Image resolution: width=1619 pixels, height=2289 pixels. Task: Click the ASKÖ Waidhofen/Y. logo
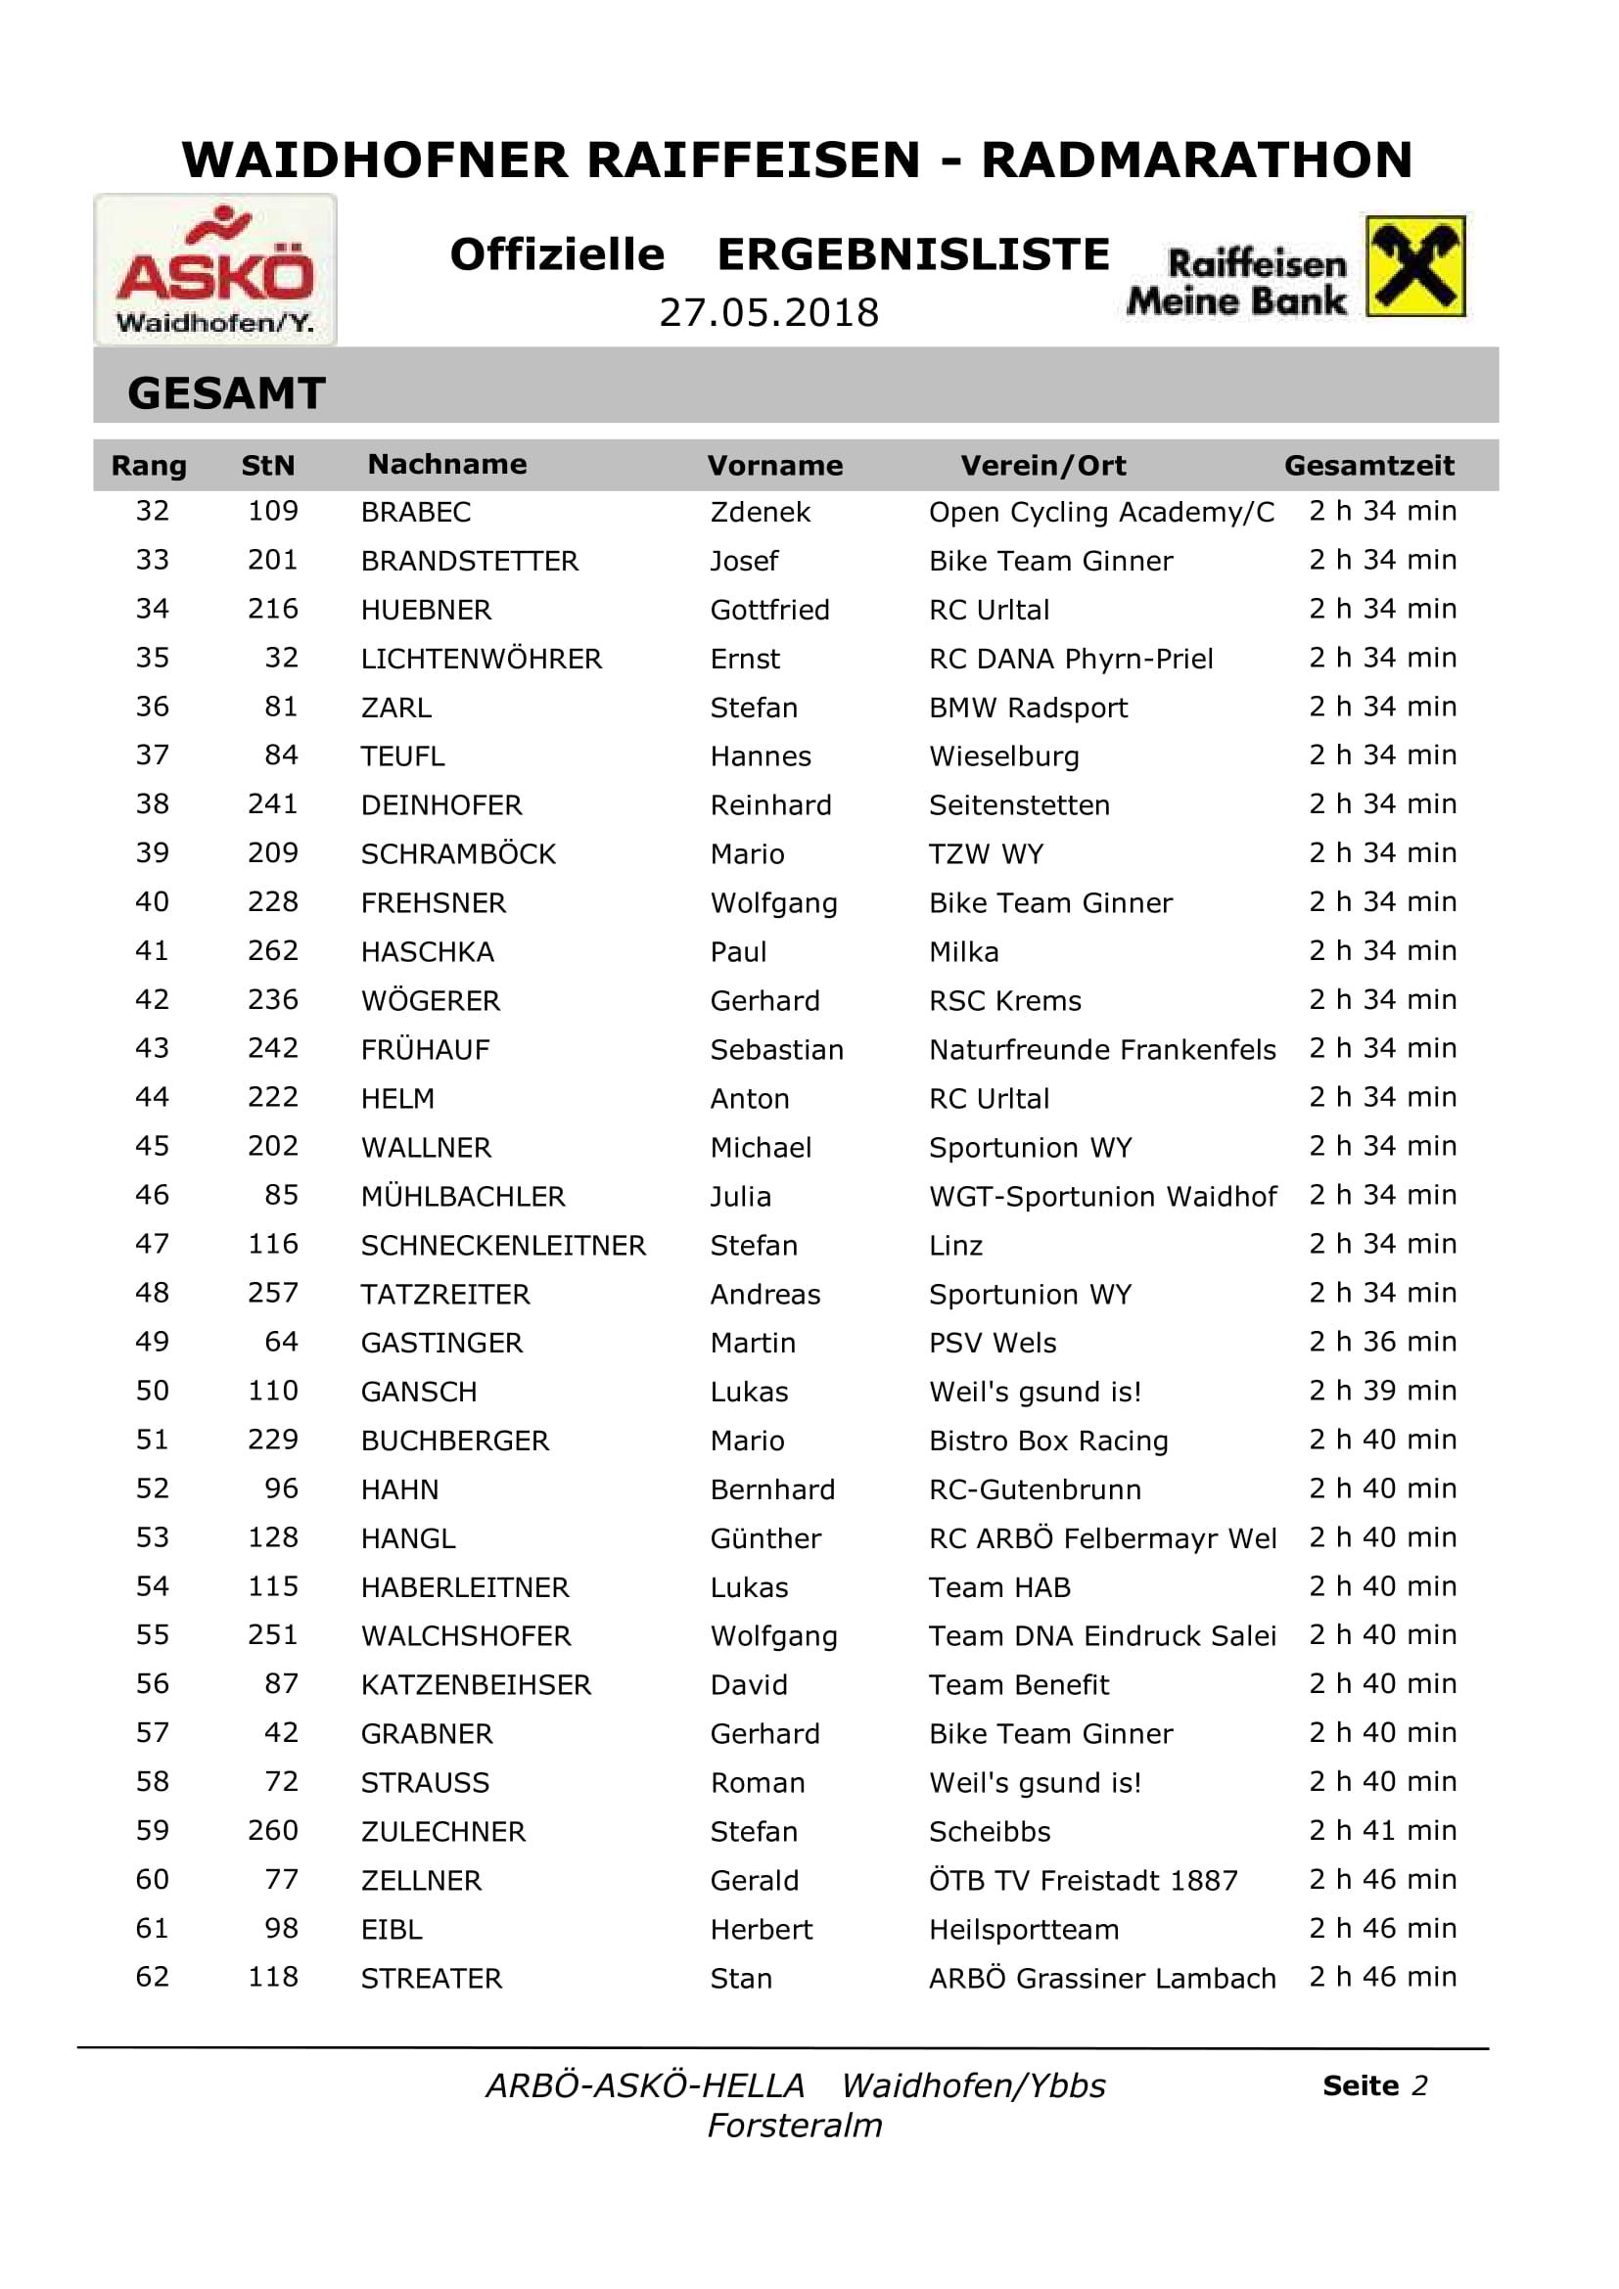point(215,269)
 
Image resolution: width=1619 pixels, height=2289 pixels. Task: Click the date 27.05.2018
point(768,313)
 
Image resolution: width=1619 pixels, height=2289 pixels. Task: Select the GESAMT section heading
point(226,392)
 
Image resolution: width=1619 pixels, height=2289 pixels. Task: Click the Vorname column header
point(774,466)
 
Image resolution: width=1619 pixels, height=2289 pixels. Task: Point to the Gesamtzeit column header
point(1368,466)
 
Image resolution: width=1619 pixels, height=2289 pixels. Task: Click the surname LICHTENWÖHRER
point(481,659)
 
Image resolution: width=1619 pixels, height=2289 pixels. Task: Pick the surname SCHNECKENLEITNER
point(502,1245)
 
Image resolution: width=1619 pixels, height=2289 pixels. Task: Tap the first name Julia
point(740,1196)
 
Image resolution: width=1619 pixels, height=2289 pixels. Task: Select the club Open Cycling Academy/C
point(1100,513)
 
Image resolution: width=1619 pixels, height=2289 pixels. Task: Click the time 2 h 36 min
point(1382,1342)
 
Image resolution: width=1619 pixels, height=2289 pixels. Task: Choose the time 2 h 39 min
point(1382,1391)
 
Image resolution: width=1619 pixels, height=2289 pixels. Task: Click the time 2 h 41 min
point(1382,1830)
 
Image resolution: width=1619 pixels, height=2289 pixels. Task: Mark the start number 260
point(272,1830)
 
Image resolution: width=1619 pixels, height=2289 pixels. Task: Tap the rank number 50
point(153,1391)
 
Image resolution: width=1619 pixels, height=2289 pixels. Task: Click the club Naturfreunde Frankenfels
point(1101,1050)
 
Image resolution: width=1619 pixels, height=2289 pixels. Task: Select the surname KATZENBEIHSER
point(476,1685)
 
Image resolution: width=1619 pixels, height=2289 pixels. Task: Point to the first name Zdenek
point(760,513)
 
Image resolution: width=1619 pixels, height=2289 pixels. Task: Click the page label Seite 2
point(1374,2085)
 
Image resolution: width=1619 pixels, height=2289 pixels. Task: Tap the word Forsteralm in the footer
point(795,2126)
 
